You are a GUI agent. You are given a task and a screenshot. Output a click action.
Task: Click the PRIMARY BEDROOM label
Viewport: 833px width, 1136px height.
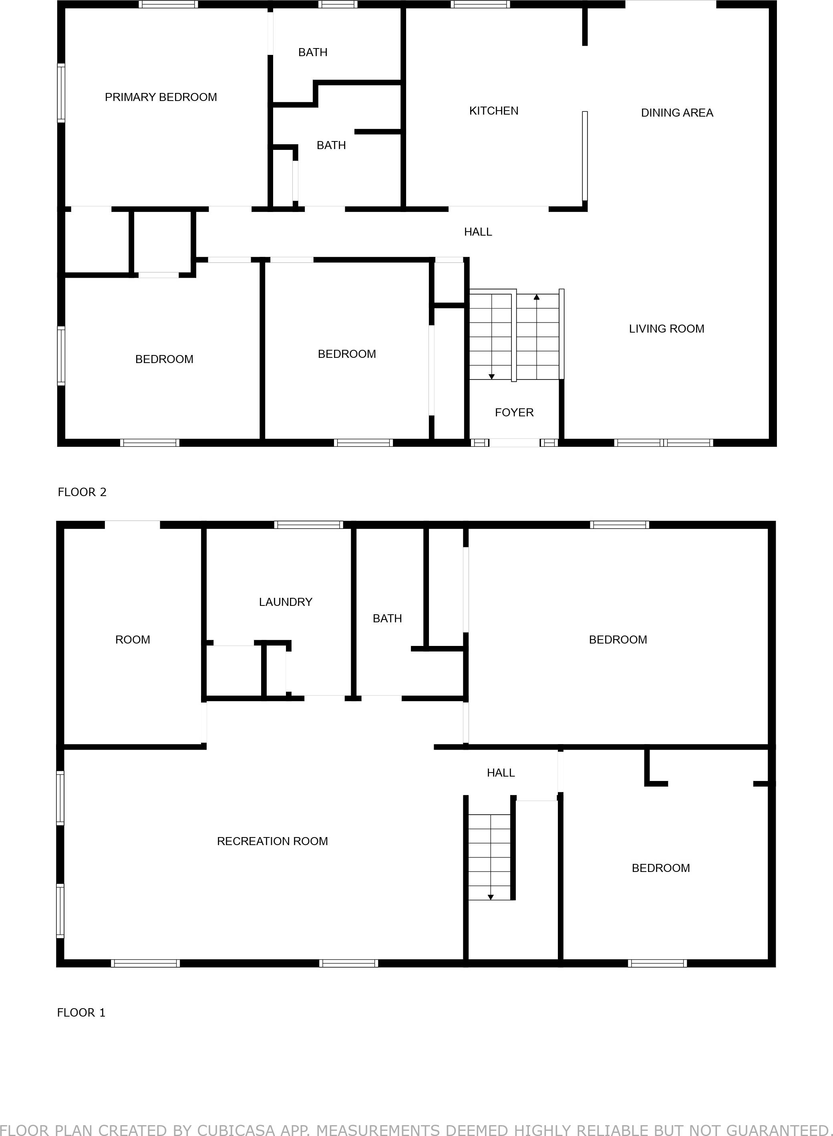pyautogui.click(x=161, y=97)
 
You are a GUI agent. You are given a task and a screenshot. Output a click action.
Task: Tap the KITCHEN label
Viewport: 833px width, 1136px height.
pyautogui.click(x=494, y=111)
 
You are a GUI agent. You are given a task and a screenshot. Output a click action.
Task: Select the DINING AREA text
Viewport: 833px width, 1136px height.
pyautogui.click(x=677, y=113)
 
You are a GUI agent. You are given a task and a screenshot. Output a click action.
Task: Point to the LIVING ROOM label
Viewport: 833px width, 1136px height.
pyautogui.click(x=666, y=329)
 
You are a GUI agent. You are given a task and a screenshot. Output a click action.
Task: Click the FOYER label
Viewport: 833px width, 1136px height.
pyautogui.click(x=514, y=413)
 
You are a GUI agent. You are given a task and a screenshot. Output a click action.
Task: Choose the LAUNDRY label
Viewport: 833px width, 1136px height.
pyautogui.click(x=286, y=602)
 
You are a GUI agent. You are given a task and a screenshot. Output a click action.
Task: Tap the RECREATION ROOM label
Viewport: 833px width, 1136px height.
pyautogui.click(x=272, y=841)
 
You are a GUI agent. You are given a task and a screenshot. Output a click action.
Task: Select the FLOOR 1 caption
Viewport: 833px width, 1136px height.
pyautogui.click(x=81, y=1013)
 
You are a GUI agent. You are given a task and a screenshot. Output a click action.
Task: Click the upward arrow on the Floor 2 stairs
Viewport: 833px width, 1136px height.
pyautogui.click(x=537, y=297)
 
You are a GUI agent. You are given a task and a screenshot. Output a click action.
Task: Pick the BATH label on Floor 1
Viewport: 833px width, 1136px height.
pyautogui.click(x=387, y=618)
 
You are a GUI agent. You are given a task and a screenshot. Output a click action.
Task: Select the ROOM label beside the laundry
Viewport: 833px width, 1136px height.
pyautogui.click(x=133, y=640)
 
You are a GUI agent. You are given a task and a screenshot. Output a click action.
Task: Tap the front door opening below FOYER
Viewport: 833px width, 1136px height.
pyautogui.click(x=514, y=443)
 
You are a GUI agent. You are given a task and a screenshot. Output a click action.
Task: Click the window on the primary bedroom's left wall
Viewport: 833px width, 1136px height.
pyautogui.click(x=61, y=93)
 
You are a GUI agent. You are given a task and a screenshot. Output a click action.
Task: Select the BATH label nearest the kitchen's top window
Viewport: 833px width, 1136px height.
pyautogui.click(x=313, y=52)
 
